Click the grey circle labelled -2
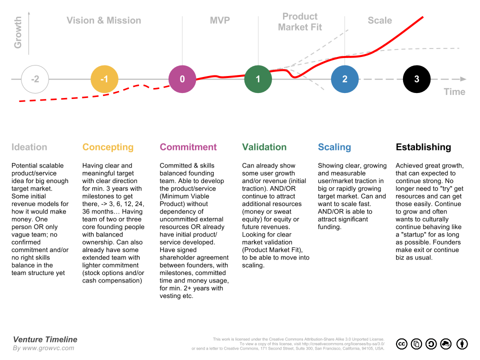[x=35, y=79]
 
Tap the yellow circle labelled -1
[x=104, y=79]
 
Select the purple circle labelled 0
[x=182, y=79]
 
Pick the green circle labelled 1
[x=258, y=79]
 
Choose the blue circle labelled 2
[x=345, y=79]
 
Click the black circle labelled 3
[x=416, y=79]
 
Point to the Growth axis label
[x=18, y=32]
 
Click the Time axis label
[x=454, y=92]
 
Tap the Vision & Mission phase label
[x=104, y=20]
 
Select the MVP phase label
[x=220, y=20]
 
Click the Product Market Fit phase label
[x=300, y=22]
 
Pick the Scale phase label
[x=380, y=20]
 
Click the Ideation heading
[x=29, y=147]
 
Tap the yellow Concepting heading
[x=108, y=147]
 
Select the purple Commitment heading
[x=188, y=147]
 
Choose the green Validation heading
[x=264, y=147]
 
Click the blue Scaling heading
[x=334, y=147]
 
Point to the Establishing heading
[x=423, y=147]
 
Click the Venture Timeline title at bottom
[x=45, y=339]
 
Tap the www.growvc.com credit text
[x=49, y=348]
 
